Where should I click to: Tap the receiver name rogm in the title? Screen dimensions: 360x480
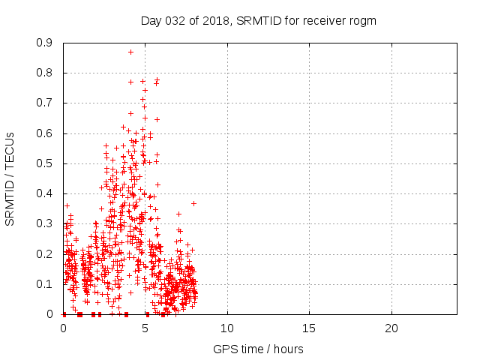(363, 20)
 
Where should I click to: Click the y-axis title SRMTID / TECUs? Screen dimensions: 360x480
(10, 179)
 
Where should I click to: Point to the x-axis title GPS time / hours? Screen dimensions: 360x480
(259, 349)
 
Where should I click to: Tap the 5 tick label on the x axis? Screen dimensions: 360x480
(145, 328)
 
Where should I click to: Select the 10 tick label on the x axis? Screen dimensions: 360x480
(227, 328)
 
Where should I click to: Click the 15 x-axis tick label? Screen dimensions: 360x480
(309, 328)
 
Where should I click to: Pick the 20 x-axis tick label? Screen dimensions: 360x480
(391, 328)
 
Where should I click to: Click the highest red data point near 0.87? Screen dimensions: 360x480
(130, 52)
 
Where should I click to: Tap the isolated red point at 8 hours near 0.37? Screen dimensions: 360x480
(193, 203)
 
